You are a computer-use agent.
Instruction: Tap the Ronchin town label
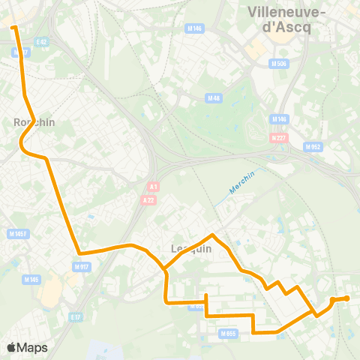point(34,121)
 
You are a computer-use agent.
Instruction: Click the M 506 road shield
point(278,64)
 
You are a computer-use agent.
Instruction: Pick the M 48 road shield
point(214,97)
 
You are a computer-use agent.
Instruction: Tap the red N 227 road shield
point(278,137)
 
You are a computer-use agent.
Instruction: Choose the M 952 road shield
point(313,147)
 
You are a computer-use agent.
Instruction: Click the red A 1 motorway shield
point(154,187)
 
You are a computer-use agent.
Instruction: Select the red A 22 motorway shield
point(150,199)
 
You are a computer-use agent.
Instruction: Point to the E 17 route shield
point(75,317)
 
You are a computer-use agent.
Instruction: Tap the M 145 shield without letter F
point(31,280)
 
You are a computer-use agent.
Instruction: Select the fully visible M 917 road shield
point(81,266)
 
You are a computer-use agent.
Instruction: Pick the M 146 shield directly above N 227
point(280,118)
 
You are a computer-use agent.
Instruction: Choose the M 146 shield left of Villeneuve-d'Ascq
point(195,28)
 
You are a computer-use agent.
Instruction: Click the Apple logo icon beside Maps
point(11,347)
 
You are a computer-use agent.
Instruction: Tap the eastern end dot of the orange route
point(346,298)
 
